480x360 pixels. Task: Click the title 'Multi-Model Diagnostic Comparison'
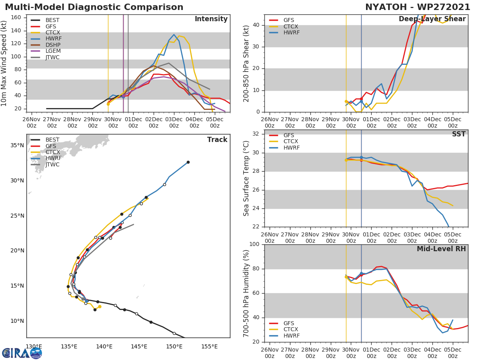(94, 7)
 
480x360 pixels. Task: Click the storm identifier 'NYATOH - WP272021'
(418, 7)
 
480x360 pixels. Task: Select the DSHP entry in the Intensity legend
(52, 45)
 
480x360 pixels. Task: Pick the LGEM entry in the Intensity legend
(52, 51)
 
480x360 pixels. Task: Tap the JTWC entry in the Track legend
(52, 165)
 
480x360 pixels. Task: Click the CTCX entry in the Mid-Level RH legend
(291, 330)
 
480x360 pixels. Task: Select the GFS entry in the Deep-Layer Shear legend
(288, 20)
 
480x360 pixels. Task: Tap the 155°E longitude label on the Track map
(209, 346)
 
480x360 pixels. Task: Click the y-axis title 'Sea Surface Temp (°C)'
(246, 178)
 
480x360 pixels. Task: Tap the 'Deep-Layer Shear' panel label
(432, 19)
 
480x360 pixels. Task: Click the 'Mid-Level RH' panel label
(441, 249)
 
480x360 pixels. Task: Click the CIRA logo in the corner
(22, 353)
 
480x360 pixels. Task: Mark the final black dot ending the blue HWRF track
(188, 162)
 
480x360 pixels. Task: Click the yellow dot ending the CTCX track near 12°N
(100, 307)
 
